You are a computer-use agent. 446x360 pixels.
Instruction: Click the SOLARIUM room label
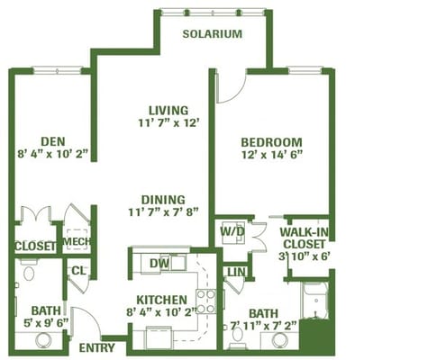213,34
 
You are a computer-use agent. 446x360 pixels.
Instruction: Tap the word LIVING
168,111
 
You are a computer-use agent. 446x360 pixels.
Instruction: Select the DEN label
53,141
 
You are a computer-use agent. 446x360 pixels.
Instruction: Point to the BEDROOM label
271,142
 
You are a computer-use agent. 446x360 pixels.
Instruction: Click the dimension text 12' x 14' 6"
271,155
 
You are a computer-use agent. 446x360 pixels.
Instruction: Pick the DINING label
163,200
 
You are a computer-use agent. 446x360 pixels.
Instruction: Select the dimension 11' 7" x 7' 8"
163,212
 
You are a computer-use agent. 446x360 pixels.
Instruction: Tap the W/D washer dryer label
232,231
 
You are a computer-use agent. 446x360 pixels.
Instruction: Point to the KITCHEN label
162,300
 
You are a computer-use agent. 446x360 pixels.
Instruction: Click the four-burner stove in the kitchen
206,301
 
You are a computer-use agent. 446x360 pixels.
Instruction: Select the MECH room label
77,241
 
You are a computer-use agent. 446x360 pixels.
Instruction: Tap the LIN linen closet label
237,273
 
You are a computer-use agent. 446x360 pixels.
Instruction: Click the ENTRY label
96,347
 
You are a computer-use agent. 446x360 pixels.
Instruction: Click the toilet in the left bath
29,270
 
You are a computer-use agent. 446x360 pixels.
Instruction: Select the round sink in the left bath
43,340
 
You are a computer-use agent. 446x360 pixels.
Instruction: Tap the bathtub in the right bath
315,301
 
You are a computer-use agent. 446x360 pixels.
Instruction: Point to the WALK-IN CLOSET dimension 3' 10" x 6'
304,256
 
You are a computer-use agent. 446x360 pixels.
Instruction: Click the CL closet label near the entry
78,271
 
